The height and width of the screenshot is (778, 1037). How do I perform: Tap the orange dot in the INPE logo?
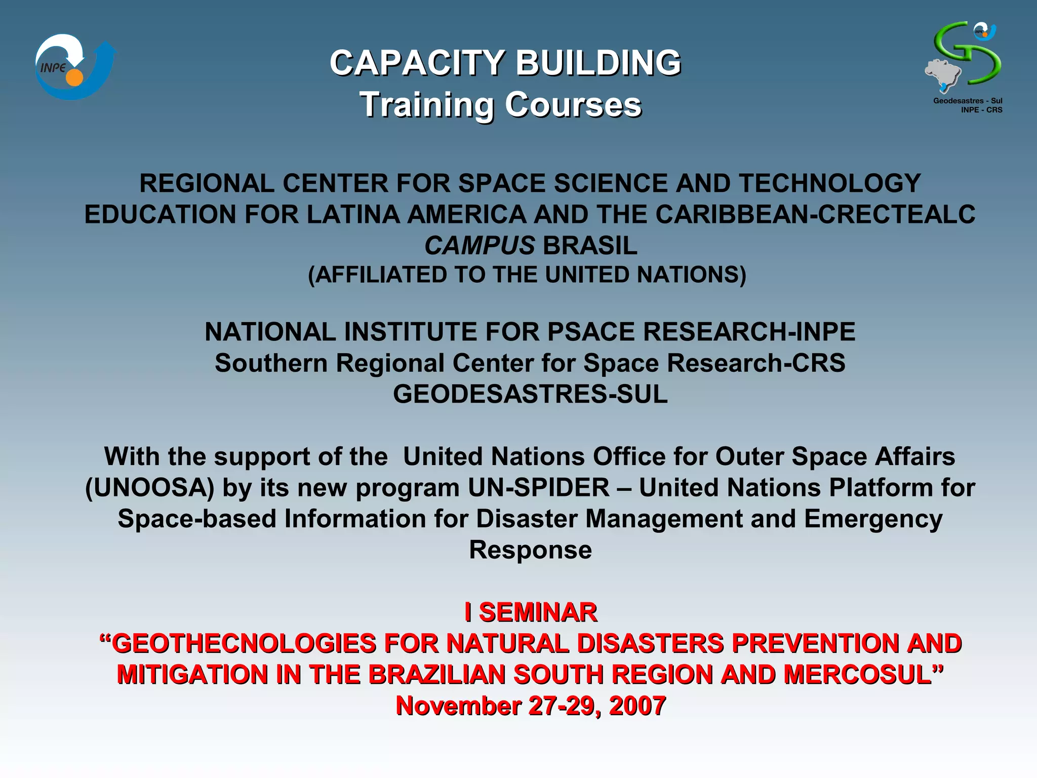(74, 77)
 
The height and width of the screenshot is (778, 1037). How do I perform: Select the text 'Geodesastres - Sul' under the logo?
(967, 101)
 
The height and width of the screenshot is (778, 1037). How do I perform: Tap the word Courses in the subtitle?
(573, 105)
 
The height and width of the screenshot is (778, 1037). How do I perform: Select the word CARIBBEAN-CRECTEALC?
(815, 214)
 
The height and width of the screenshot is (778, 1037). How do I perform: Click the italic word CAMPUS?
(479, 246)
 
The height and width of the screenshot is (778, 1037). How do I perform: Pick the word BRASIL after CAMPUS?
(590, 246)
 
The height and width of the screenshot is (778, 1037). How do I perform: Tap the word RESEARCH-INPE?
(749, 332)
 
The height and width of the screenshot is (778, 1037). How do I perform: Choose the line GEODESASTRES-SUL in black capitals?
(530, 394)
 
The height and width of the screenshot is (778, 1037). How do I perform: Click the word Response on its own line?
(530, 550)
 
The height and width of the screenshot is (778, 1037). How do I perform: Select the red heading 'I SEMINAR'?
(531, 612)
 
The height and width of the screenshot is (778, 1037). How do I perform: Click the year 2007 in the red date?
(637, 706)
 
